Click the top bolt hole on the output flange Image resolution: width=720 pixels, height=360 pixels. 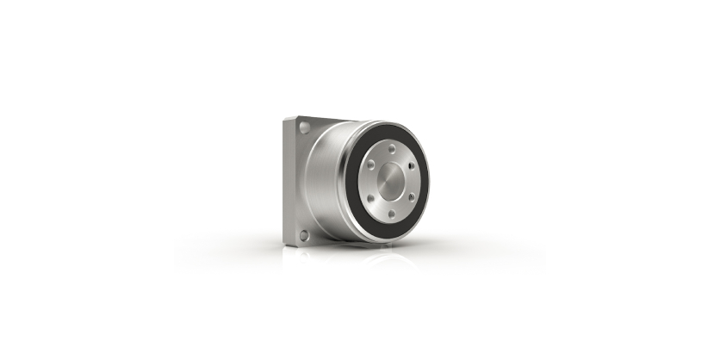pyautogui.click(x=392, y=148)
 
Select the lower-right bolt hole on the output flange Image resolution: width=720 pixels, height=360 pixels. pyautogui.click(x=411, y=197)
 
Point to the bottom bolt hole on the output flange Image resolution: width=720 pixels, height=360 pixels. pyautogui.click(x=392, y=214)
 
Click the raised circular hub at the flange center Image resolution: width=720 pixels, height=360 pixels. pyautogui.click(x=392, y=181)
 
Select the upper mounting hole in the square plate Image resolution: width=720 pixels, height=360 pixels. pyautogui.click(x=304, y=127)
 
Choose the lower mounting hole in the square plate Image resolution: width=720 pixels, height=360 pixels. pyautogui.click(x=303, y=233)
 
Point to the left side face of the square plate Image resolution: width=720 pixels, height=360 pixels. pyautogui.click(x=289, y=181)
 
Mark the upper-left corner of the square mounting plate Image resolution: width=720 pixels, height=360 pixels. pyautogui.click(x=285, y=120)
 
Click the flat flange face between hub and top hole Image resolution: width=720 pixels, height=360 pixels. pyautogui.click(x=392, y=158)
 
